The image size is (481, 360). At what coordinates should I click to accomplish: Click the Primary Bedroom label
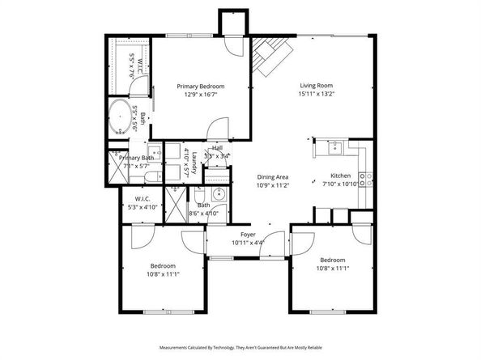tap(201, 86)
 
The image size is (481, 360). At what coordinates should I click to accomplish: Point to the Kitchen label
tap(340, 176)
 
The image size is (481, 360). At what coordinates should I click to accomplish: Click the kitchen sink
tap(333, 147)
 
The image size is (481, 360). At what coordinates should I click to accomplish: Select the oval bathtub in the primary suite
tap(123, 119)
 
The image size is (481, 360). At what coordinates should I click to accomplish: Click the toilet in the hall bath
tap(199, 196)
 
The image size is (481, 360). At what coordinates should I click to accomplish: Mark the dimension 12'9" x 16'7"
tap(201, 95)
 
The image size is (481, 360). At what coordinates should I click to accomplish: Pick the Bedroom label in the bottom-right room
tap(333, 260)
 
